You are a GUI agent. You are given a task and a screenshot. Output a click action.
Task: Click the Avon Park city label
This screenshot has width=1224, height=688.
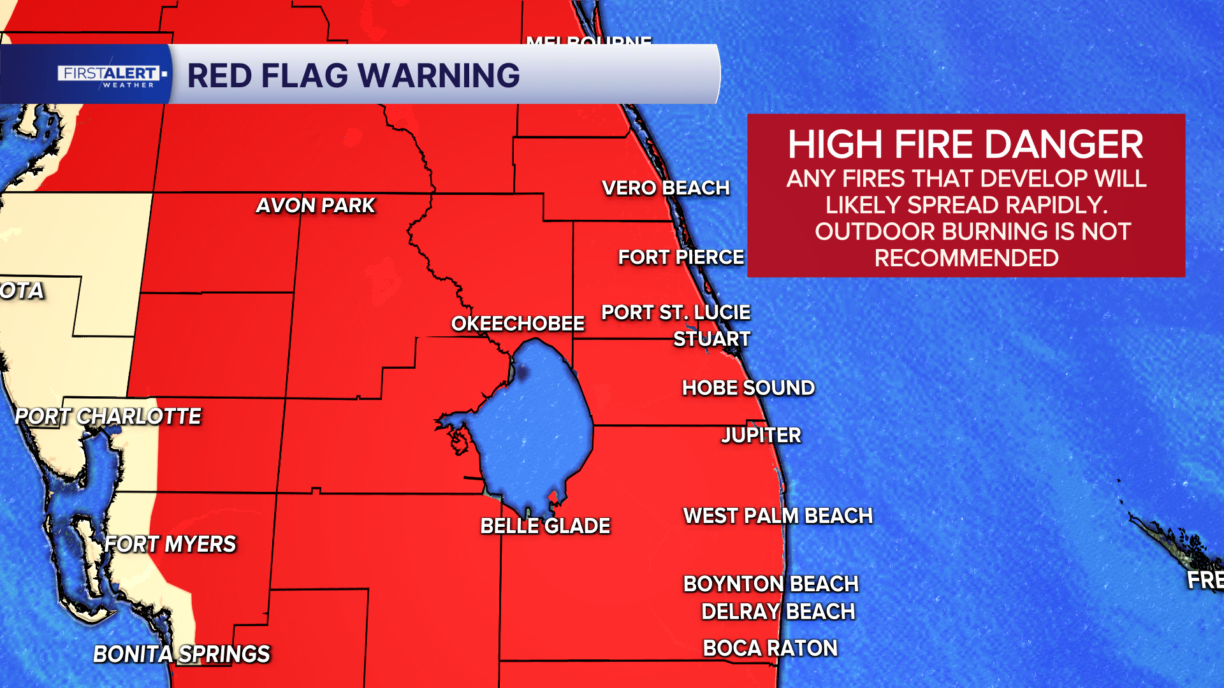click(x=316, y=206)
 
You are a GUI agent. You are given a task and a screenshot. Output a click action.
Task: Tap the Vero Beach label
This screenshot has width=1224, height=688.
click(x=666, y=188)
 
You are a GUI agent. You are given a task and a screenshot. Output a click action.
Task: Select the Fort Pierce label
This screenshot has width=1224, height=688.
click(x=681, y=257)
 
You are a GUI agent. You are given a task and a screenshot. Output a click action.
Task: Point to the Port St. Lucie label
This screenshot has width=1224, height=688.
click(x=676, y=313)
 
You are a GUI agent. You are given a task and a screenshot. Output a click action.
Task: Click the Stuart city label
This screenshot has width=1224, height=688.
click(x=712, y=339)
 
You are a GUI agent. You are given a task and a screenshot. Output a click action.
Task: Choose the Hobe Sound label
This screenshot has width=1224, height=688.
click(x=748, y=388)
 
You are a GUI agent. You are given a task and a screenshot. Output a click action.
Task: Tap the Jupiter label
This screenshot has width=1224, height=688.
click(x=761, y=436)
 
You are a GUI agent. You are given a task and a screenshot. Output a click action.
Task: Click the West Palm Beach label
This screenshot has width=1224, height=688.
click(x=778, y=516)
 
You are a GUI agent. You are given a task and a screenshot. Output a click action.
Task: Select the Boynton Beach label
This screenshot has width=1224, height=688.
click(x=771, y=584)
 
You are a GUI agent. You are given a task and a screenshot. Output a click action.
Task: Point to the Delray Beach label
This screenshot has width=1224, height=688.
click(x=778, y=612)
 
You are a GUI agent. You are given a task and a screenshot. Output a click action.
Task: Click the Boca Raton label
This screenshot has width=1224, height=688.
click(x=770, y=649)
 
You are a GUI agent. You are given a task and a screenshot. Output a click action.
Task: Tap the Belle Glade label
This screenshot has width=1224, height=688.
click(x=545, y=526)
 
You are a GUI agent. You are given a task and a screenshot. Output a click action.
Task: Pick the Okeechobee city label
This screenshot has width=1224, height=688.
click(x=518, y=324)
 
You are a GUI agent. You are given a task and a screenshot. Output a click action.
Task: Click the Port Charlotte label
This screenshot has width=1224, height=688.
click(x=108, y=417)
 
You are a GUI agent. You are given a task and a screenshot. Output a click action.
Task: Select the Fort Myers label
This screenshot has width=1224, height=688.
click(x=170, y=545)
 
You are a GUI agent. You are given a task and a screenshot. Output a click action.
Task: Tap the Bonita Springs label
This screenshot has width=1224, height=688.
click(x=182, y=654)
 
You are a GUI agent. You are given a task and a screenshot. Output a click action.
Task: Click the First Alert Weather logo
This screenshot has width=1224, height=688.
click(x=110, y=75)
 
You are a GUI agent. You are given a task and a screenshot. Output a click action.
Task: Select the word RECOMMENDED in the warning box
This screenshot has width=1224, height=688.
click(x=966, y=259)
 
